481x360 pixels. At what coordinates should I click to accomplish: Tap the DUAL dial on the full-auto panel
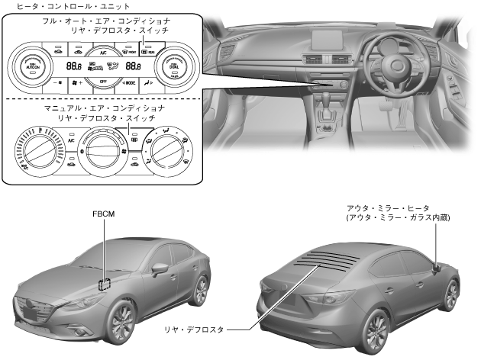coord(174,67)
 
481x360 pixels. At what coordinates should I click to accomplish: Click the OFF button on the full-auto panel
coord(103,80)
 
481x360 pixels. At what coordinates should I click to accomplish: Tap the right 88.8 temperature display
coord(131,67)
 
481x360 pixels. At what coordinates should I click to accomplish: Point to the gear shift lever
coord(331,102)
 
